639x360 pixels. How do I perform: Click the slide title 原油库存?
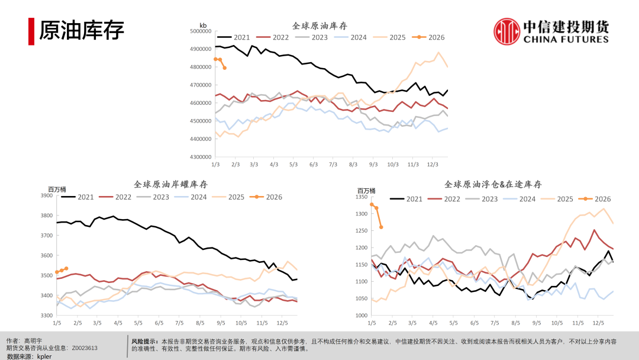pos(82,31)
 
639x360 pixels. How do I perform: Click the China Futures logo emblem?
pos(506,31)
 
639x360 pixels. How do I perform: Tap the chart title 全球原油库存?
pos(319,26)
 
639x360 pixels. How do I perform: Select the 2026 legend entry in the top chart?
pos(430,37)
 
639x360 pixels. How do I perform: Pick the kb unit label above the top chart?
pos(203,25)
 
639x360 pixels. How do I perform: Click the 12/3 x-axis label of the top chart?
pos(432,164)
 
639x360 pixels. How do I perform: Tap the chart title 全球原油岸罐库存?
pos(171,185)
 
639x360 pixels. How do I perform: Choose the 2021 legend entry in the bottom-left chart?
pos(79,197)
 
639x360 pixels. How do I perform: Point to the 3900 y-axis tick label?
pos(46,195)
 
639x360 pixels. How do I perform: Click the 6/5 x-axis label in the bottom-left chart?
pos(159,323)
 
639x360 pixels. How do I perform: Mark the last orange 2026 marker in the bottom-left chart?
pos(66,269)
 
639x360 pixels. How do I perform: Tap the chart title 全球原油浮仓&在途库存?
pos(493,185)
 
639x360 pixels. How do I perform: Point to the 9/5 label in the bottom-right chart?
pos(536,323)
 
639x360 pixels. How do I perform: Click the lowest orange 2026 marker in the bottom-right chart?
pos(381,227)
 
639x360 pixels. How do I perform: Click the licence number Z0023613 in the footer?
pos(85,348)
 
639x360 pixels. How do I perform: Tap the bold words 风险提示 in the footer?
pos(144,341)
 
